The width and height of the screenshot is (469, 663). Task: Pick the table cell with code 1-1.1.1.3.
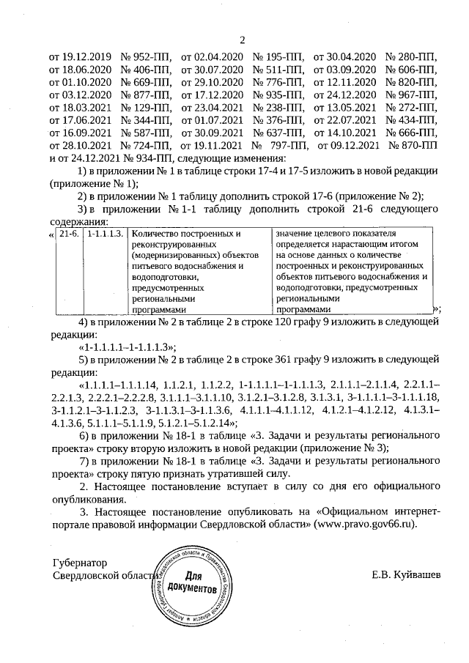click(104, 234)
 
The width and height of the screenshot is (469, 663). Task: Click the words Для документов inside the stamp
click(191, 582)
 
